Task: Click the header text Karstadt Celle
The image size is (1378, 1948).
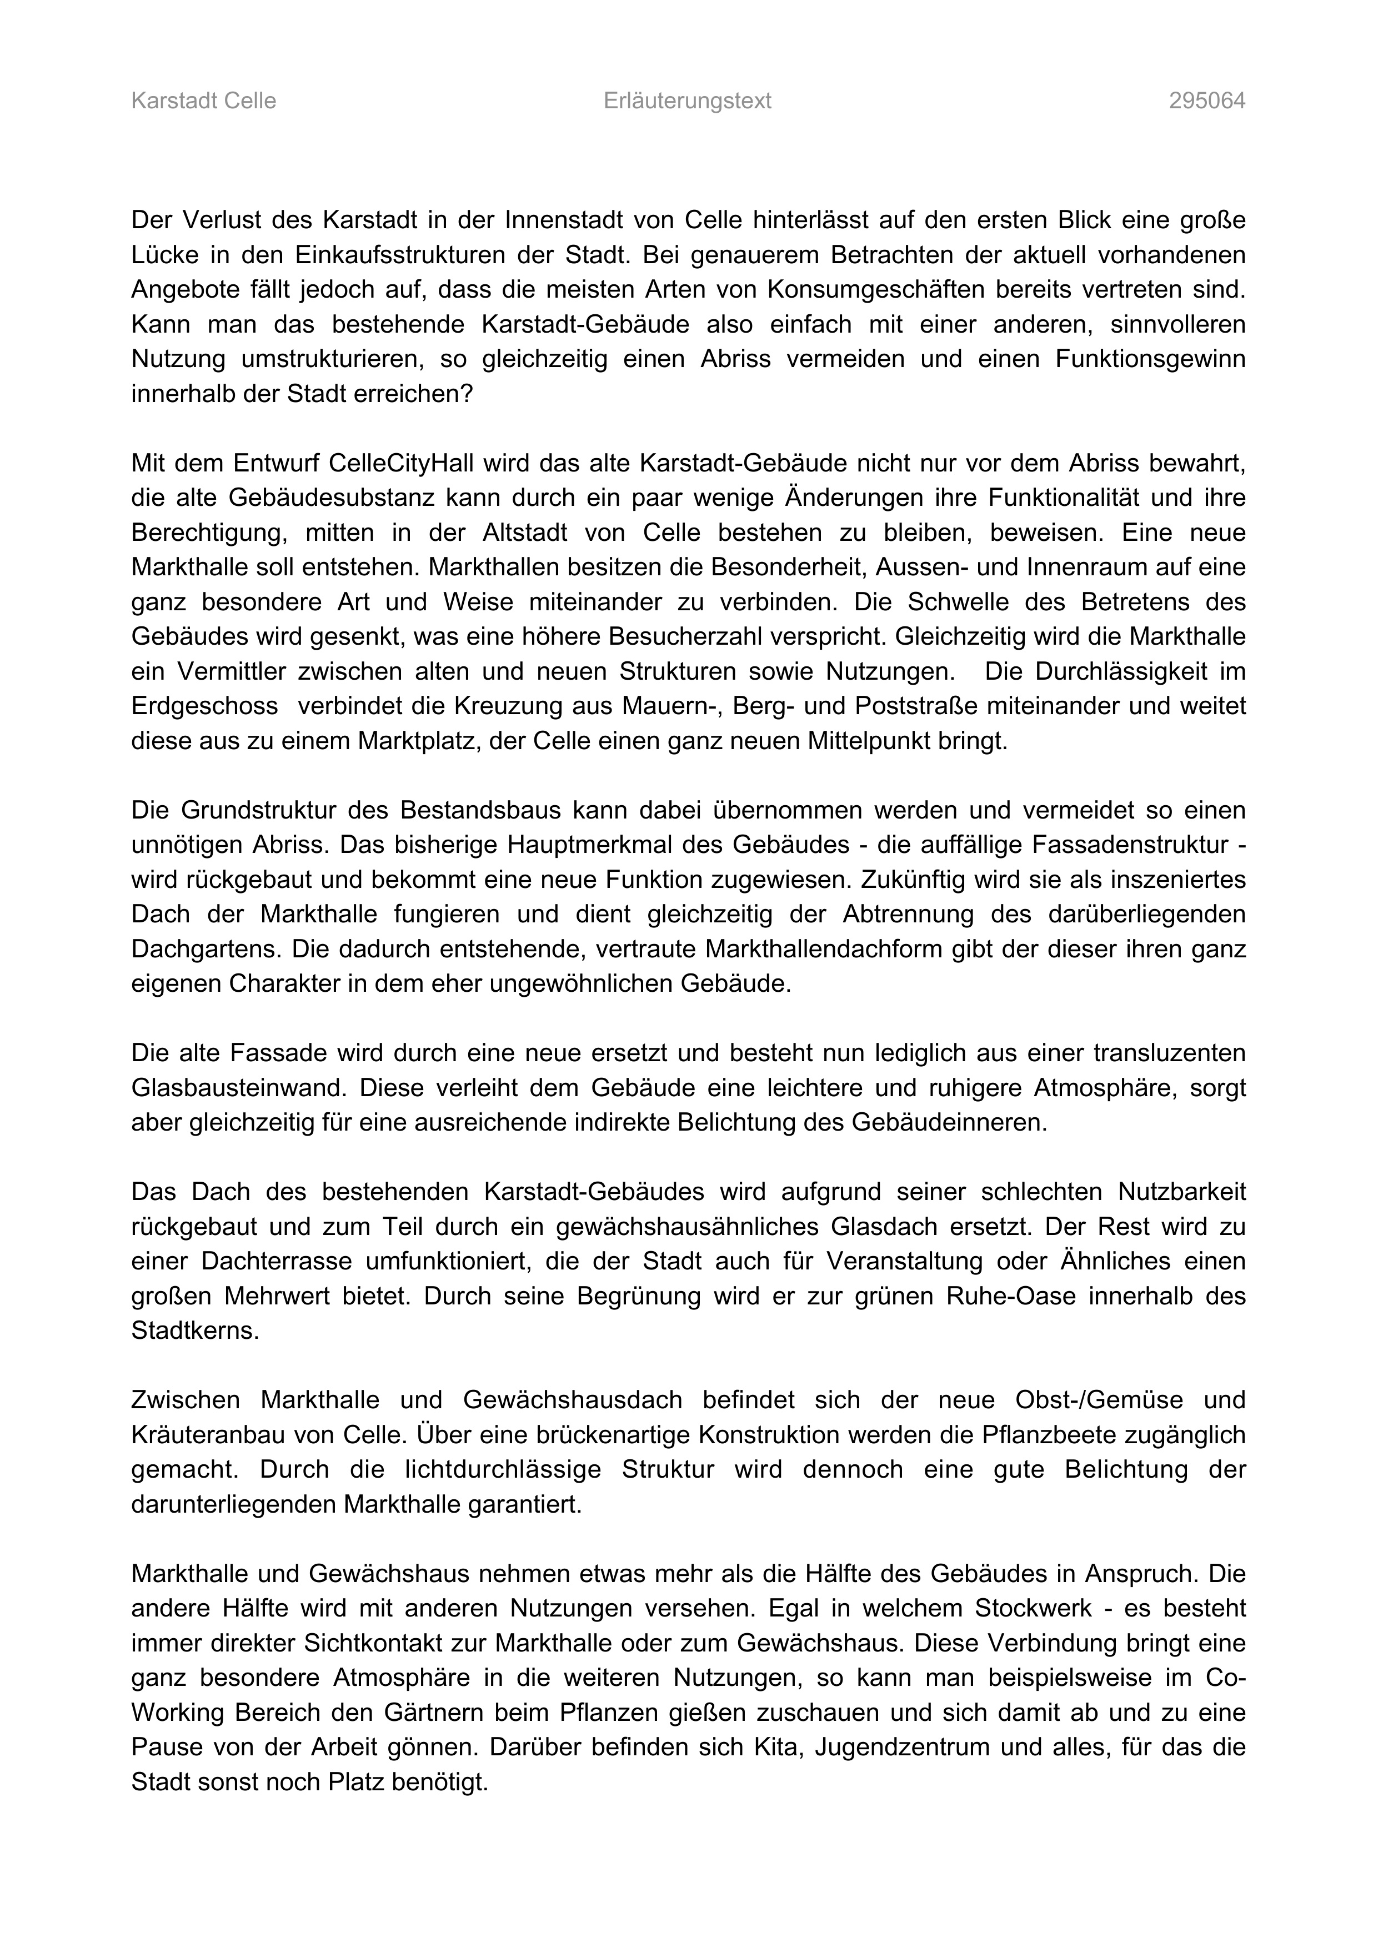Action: pos(204,101)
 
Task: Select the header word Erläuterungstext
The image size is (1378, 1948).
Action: pos(687,101)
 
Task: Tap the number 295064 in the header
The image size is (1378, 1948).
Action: pos(1206,101)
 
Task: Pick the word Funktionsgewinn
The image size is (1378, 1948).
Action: pos(1151,359)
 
